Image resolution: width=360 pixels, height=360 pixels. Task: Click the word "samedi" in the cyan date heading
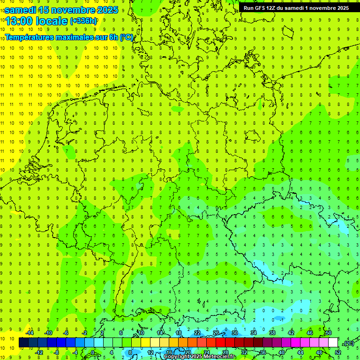coord(20,10)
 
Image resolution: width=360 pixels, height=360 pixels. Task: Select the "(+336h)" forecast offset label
coord(83,21)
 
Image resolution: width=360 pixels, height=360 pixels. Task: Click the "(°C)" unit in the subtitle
coord(127,37)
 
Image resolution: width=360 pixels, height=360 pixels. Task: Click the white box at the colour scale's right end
coord(333,343)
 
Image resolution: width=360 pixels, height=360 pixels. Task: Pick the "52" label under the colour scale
coord(338,352)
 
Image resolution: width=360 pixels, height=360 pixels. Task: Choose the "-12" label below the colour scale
coord(39,352)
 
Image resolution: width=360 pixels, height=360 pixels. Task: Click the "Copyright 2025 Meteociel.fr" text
coord(200,357)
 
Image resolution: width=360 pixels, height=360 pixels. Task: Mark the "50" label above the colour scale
coord(328,333)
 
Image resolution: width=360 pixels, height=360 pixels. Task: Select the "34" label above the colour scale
coord(254,333)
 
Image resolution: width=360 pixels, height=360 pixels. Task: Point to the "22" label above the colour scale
coord(197,333)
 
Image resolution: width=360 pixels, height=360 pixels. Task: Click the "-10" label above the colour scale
coord(48,333)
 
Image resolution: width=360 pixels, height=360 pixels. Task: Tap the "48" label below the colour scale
coord(319,352)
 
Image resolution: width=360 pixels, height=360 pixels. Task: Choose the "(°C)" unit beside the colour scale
coord(348,344)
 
